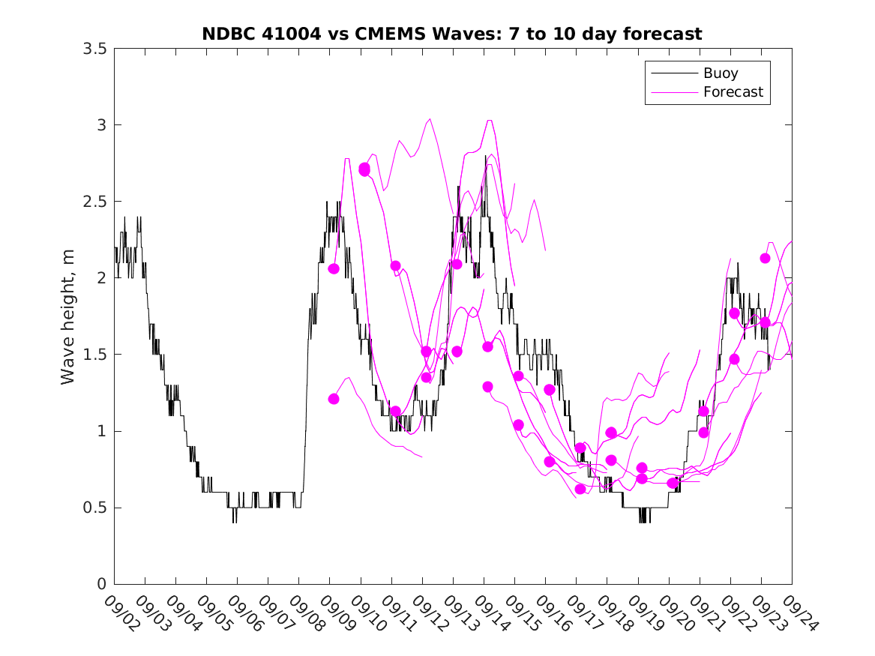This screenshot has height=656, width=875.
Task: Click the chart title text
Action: coord(452,34)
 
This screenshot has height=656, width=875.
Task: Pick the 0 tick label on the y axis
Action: coord(101,584)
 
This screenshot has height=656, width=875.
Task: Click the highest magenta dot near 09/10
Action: coord(364,169)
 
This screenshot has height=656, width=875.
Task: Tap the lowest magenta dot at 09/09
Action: coord(334,399)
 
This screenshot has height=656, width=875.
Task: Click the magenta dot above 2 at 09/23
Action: coord(765,258)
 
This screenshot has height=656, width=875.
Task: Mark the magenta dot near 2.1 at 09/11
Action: coord(395,266)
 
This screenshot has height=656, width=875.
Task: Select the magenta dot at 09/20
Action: coord(672,483)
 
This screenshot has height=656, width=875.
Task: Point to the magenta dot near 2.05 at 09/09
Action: coord(334,268)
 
